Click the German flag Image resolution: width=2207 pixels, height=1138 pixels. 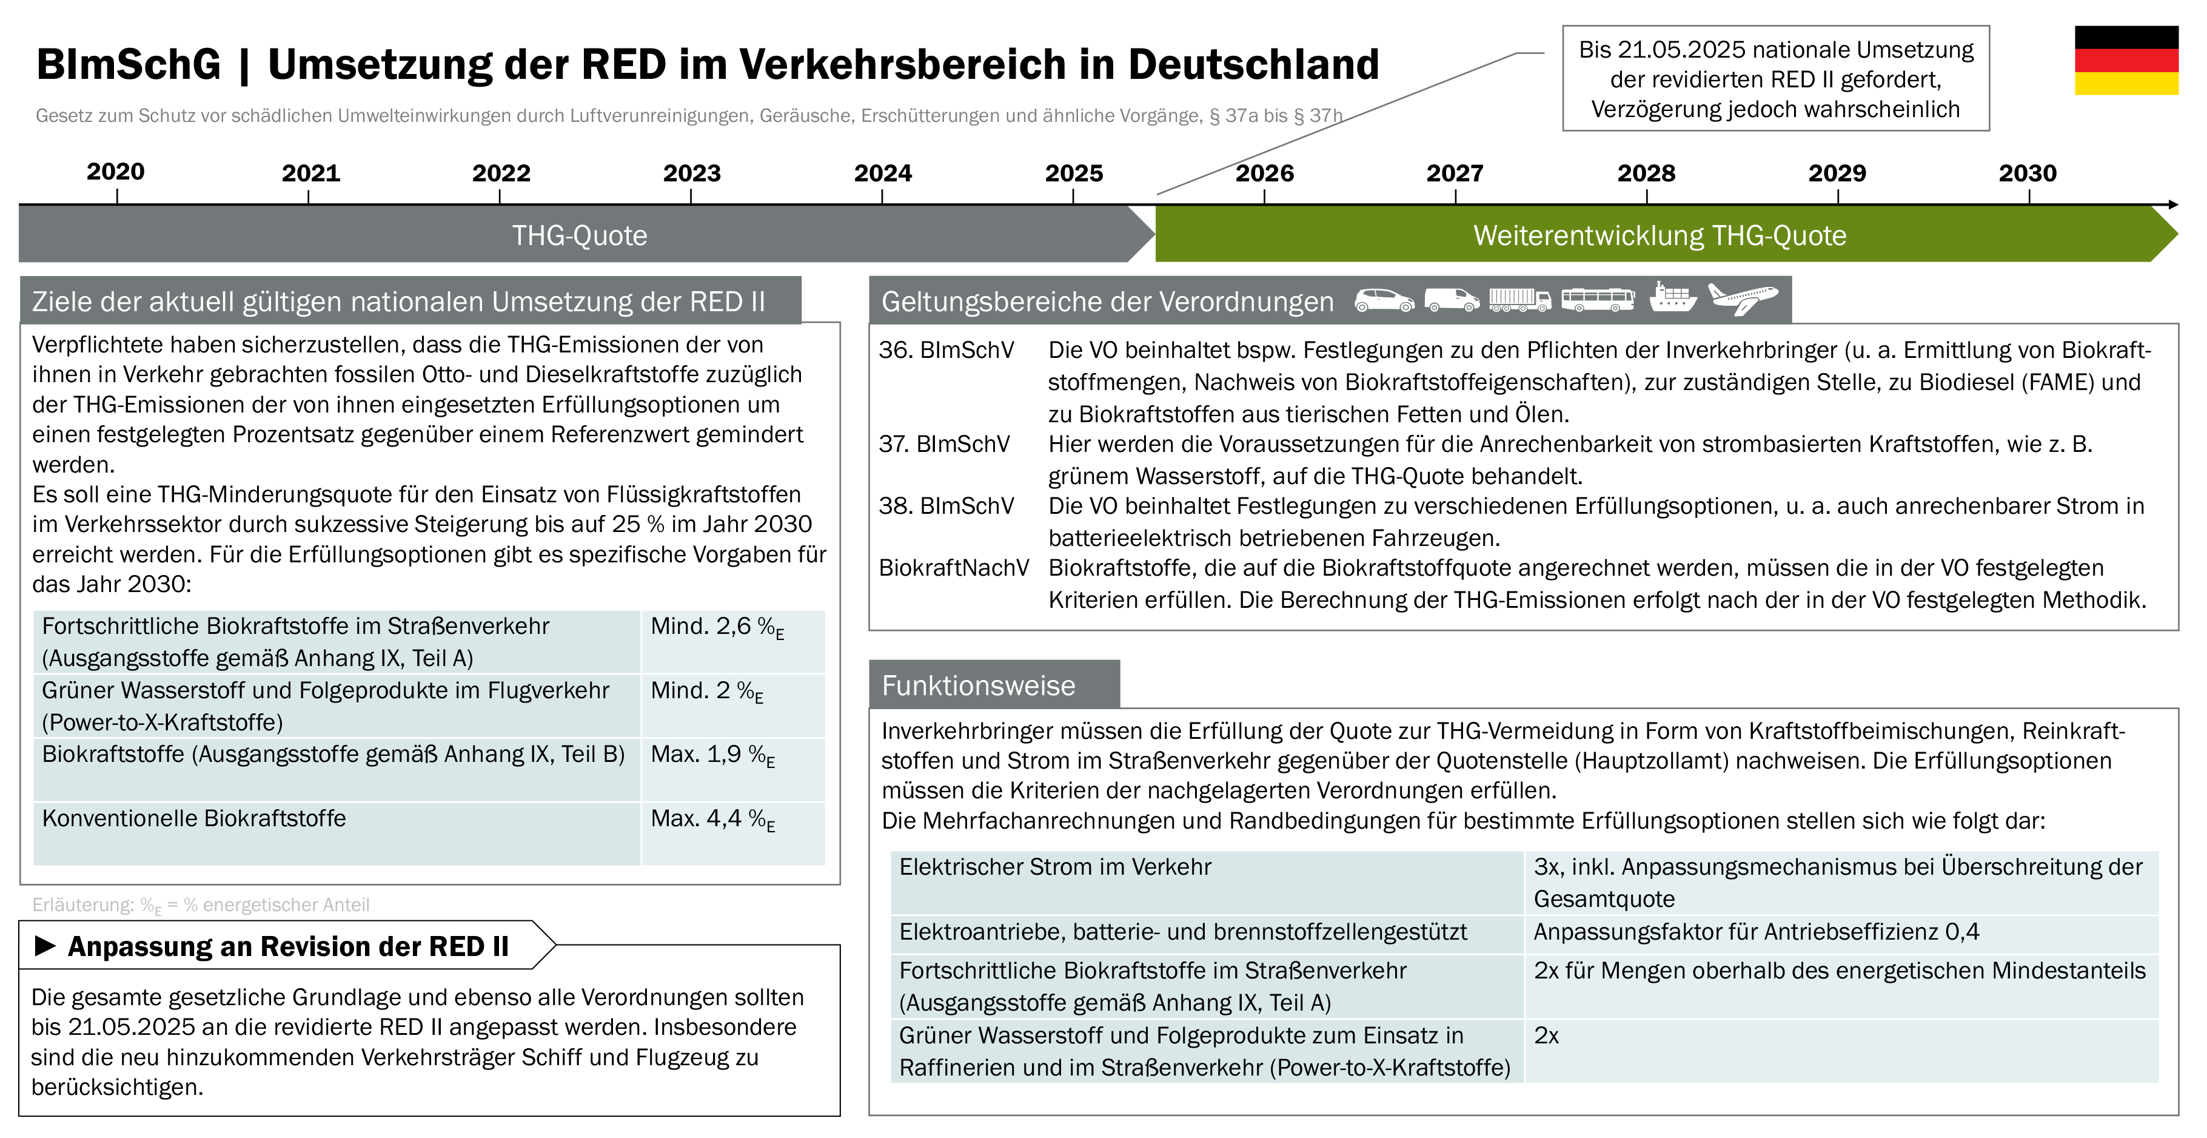(2126, 60)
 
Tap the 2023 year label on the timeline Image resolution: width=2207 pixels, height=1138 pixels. (691, 173)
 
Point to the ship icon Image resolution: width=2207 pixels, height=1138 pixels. (1672, 297)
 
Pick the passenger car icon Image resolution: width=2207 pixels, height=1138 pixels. (1384, 300)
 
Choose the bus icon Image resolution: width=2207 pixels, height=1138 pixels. (1598, 299)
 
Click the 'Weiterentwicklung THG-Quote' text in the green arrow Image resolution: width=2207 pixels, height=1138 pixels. (1659, 235)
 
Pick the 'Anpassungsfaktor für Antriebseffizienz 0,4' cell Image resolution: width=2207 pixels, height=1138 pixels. (1757, 932)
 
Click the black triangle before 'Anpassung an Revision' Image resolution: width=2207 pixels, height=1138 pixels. (45, 946)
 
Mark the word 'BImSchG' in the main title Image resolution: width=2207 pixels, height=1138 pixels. (129, 64)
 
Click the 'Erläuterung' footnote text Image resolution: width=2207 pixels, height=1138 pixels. (201, 905)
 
